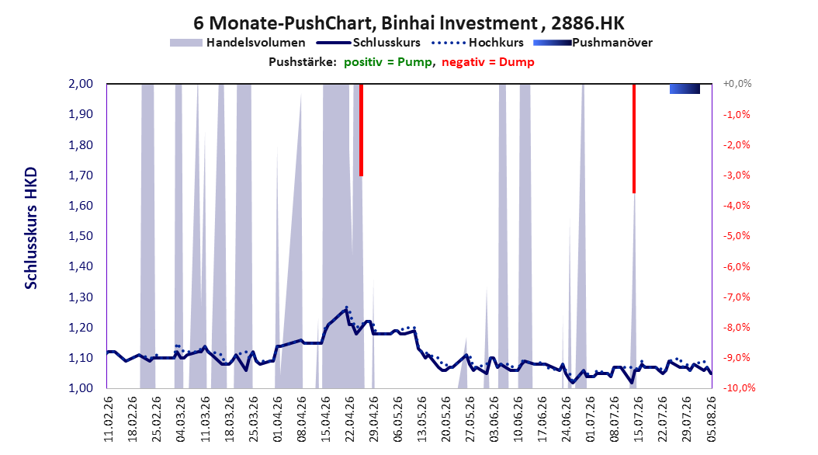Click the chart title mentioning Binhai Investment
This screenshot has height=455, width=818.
click(408, 23)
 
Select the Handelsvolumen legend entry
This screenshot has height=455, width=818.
click(237, 43)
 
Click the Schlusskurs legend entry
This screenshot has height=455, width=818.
click(369, 43)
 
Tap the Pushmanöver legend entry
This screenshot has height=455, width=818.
click(593, 43)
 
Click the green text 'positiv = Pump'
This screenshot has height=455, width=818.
click(388, 62)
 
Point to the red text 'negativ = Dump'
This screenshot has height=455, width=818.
click(488, 62)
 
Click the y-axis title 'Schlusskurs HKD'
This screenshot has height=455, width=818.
click(31, 228)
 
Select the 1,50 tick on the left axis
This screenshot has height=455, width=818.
click(81, 236)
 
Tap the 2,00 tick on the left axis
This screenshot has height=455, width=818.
click(81, 84)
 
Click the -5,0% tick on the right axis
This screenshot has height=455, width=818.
click(737, 236)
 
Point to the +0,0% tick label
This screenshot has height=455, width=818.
click(737, 84)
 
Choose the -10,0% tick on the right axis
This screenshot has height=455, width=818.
click(739, 387)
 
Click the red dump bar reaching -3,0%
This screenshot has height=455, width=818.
click(361, 130)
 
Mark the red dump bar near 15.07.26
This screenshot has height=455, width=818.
click(634, 139)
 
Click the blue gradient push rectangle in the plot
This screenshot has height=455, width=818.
click(685, 89)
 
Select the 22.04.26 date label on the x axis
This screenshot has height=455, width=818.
click(350, 419)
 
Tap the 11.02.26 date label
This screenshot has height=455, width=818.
click(109, 419)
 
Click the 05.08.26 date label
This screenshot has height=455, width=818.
click(711, 419)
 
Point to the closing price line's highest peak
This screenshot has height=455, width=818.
click(346, 309)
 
